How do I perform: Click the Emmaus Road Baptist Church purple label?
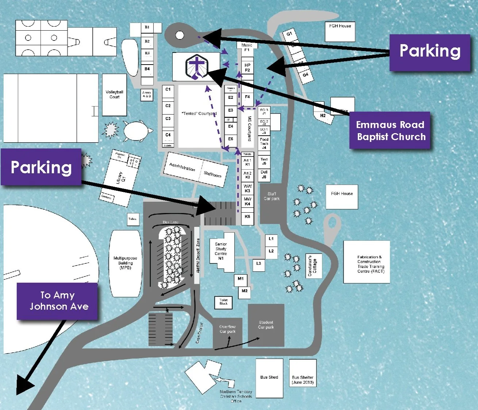click(x=390, y=131)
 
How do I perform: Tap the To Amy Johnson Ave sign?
click(x=57, y=301)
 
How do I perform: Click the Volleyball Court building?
click(x=114, y=95)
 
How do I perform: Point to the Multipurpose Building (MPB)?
click(x=125, y=263)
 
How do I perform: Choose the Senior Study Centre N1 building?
click(x=221, y=251)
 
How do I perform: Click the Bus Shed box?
click(x=269, y=378)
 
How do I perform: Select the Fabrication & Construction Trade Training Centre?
click(x=367, y=262)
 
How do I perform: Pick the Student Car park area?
click(x=266, y=325)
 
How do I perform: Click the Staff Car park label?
click(x=272, y=197)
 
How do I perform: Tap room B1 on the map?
click(x=147, y=28)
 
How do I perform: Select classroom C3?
click(x=168, y=119)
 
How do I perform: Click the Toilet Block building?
click(x=223, y=302)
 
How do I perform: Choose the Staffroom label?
click(x=212, y=174)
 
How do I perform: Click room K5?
click(x=247, y=217)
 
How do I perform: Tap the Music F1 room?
click(x=247, y=47)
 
